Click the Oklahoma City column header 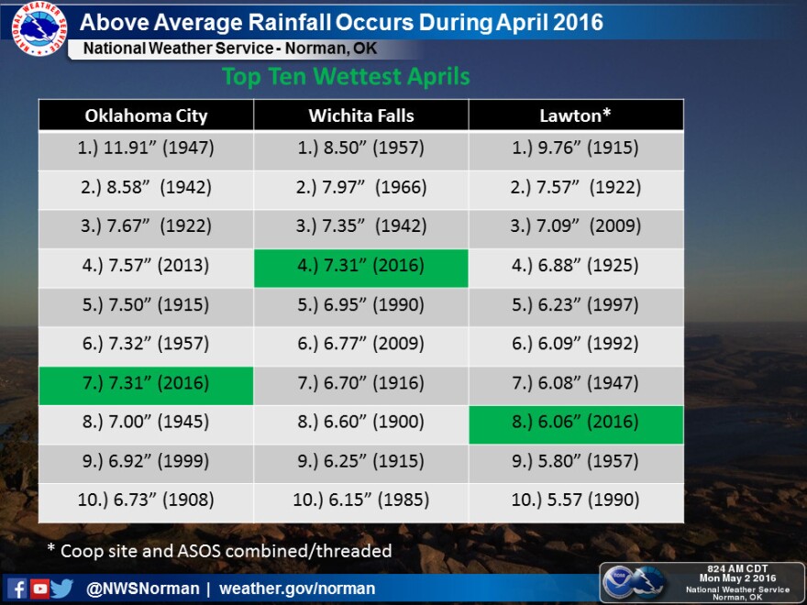click(x=146, y=115)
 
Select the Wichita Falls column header click(x=360, y=115)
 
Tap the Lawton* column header click(x=576, y=115)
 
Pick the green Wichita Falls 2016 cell click(x=360, y=268)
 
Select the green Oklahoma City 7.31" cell click(x=146, y=385)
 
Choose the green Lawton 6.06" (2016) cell click(x=576, y=424)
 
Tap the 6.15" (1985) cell click(x=360, y=502)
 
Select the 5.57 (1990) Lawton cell click(x=576, y=502)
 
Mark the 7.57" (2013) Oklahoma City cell click(x=146, y=268)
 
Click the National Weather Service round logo click(x=39, y=28)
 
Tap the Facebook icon click(x=17, y=588)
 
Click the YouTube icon click(x=39, y=588)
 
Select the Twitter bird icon click(x=62, y=588)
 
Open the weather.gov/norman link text click(x=297, y=588)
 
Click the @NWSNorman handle click(x=142, y=588)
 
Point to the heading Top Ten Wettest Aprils click(x=346, y=77)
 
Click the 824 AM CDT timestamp click(x=737, y=568)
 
